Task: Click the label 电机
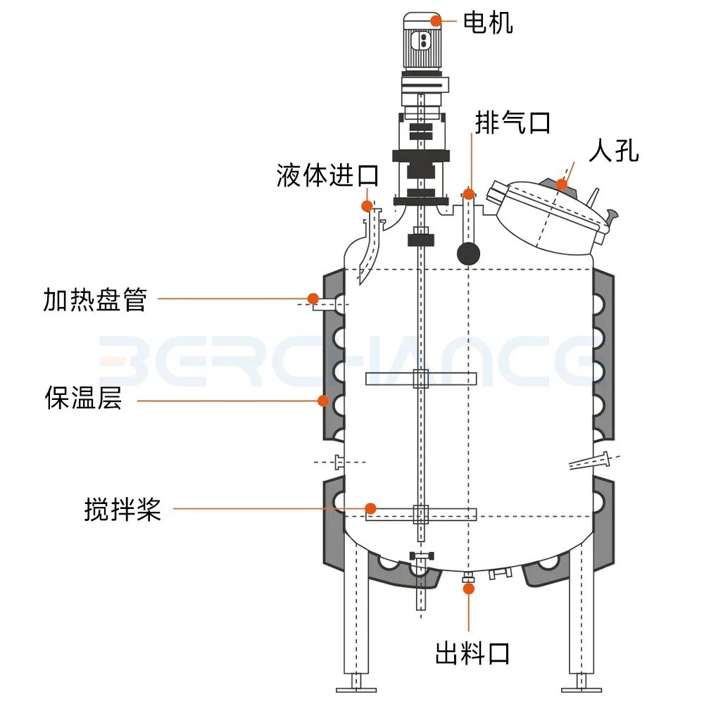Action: point(488,23)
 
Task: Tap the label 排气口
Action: point(513,123)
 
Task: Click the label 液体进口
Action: point(327,175)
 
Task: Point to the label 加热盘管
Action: point(95,299)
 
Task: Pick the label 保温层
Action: point(83,398)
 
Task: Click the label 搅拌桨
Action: point(122,509)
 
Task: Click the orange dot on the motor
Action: point(436,20)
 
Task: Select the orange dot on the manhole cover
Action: point(561,185)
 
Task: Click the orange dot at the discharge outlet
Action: point(467,587)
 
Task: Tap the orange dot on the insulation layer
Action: point(323,401)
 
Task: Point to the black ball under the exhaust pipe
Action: point(468,253)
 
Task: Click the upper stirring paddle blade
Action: point(421,379)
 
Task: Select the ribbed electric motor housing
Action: point(422,42)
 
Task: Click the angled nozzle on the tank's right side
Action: point(593,462)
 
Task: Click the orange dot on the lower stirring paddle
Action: point(369,508)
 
